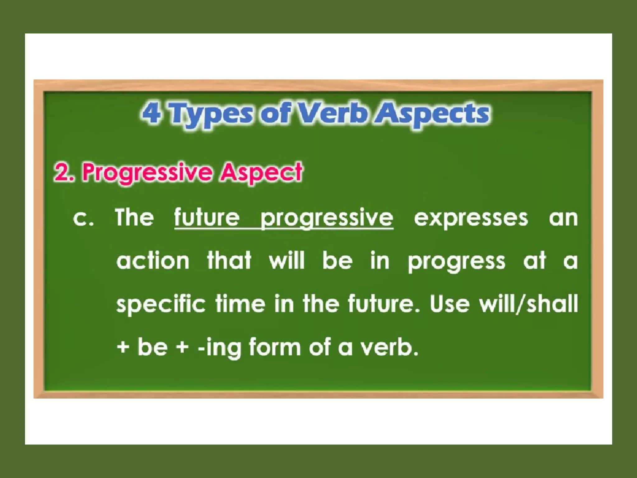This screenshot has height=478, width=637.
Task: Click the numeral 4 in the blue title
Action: pyautogui.click(x=152, y=113)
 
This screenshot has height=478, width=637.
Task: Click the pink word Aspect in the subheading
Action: pyautogui.click(x=261, y=173)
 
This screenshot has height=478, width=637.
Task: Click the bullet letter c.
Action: pyautogui.click(x=83, y=218)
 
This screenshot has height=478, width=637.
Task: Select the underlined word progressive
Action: pyautogui.click(x=327, y=219)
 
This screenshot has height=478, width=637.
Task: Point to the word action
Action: pyautogui.click(x=153, y=261)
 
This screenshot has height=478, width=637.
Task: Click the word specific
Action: pyautogui.click(x=160, y=304)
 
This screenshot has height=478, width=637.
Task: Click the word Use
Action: pyautogui.click(x=449, y=304)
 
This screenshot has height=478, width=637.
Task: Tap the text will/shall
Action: pyautogui.click(x=528, y=304)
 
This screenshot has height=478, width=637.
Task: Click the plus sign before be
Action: pyautogui.click(x=123, y=347)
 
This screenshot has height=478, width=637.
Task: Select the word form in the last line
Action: pyautogui.click(x=275, y=347)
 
